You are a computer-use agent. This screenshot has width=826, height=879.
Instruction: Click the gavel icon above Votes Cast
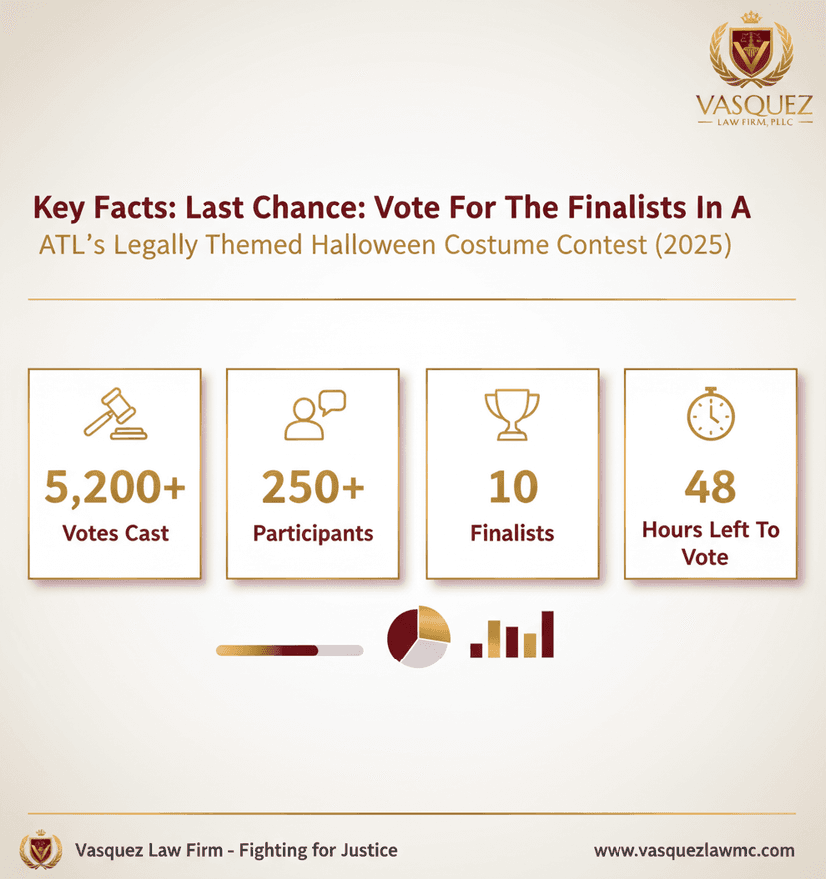(114, 414)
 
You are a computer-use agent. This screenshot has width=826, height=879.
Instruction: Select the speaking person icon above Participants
(313, 415)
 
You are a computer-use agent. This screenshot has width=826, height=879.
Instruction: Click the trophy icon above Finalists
(512, 414)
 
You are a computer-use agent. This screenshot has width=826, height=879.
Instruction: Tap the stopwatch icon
(710, 412)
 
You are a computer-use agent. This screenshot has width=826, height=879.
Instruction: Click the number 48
(710, 486)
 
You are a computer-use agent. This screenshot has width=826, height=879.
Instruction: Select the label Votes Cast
(115, 533)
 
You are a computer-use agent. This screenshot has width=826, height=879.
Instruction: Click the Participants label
(313, 533)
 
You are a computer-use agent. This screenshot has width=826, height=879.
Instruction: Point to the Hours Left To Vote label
(710, 543)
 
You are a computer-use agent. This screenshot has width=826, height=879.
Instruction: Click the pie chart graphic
(418, 637)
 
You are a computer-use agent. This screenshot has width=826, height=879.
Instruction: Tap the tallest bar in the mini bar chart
(546, 634)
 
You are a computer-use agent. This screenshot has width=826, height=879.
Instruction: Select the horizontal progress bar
(289, 650)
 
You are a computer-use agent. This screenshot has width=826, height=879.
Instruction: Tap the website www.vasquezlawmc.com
(694, 850)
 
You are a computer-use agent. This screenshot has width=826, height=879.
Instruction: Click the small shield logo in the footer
(41, 849)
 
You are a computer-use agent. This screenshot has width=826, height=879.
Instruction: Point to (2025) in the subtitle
(689, 245)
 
